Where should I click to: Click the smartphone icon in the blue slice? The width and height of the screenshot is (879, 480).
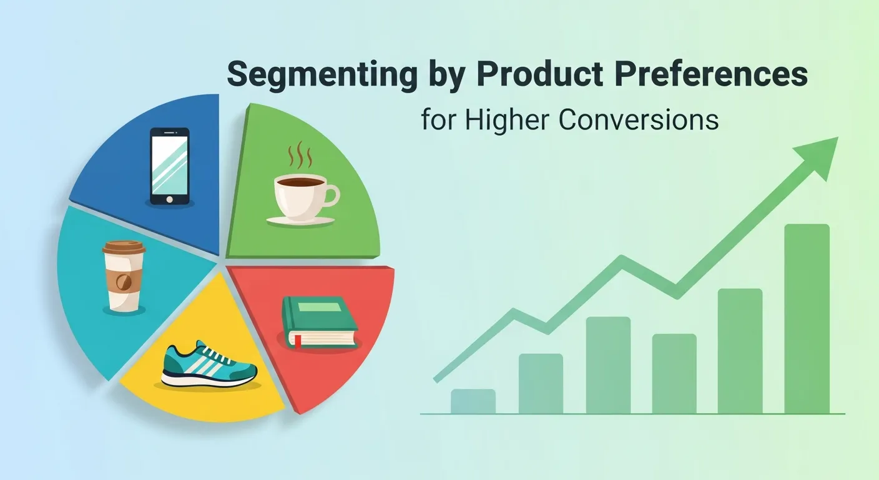coord(169,166)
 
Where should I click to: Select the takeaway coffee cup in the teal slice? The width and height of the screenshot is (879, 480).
coord(124,276)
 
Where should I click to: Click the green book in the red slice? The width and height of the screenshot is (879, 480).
coord(319,321)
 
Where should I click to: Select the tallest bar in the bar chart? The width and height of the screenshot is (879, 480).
coord(807,319)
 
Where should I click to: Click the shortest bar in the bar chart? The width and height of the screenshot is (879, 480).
coord(473,401)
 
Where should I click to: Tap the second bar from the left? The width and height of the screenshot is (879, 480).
coord(541,384)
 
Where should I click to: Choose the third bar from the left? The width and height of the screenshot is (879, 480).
coord(608,365)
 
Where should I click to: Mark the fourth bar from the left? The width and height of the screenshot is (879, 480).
coord(674,374)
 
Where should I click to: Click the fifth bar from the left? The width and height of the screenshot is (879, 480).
coord(740,351)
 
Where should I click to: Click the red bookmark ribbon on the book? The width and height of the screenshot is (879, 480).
coord(298,341)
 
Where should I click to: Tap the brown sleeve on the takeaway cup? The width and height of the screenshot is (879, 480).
coord(124,281)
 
